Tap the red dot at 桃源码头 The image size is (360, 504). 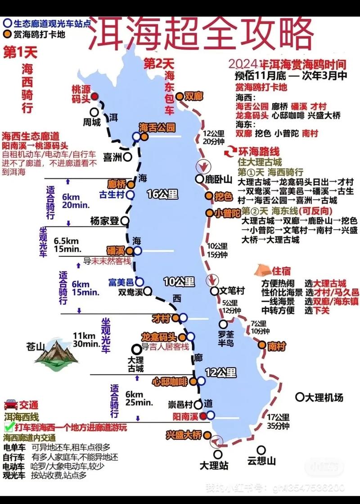coord(94,96)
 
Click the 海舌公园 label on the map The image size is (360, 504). coord(157,127)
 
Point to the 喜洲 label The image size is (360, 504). coord(113,157)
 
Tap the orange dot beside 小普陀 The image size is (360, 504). coord(209,213)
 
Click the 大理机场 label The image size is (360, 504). coord(324,397)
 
